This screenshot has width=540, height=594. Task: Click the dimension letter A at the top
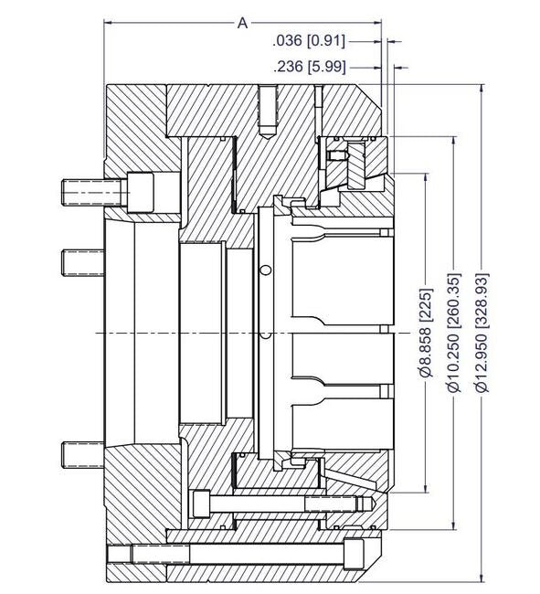pyautogui.click(x=243, y=23)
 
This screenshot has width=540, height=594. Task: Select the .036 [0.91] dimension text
pyautogui.click(x=308, y=40)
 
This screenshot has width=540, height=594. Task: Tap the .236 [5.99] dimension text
pyautogui.click(x=308, y=66)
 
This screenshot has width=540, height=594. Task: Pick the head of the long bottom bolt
pyautogui.click(x=355, y=554)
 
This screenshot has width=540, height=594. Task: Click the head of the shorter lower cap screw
pyautogui.click(x=203, y=502)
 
